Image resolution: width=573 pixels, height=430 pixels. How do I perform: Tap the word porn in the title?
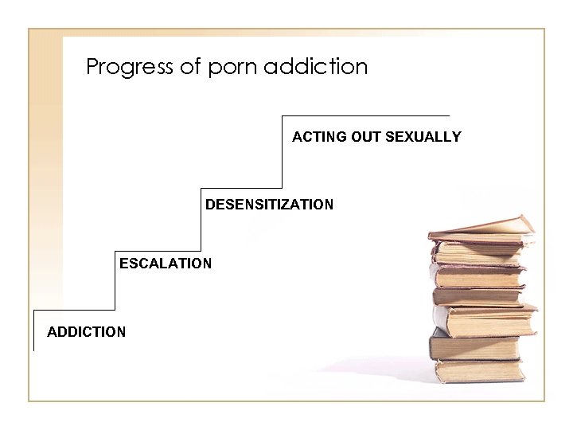point(232,66)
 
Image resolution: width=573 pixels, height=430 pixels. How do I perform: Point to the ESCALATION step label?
point(166,263)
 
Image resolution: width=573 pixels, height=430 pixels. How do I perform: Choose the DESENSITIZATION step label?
point(270,205)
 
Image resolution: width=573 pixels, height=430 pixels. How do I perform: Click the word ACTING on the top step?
point(316,137)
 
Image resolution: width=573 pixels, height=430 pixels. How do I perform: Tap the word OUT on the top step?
point(363,137)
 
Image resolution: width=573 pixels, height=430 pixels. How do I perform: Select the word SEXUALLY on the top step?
point(423,137)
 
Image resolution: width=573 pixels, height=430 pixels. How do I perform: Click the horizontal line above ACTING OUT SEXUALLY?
point(366,117)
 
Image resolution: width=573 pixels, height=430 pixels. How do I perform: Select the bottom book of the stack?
point(477,371)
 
